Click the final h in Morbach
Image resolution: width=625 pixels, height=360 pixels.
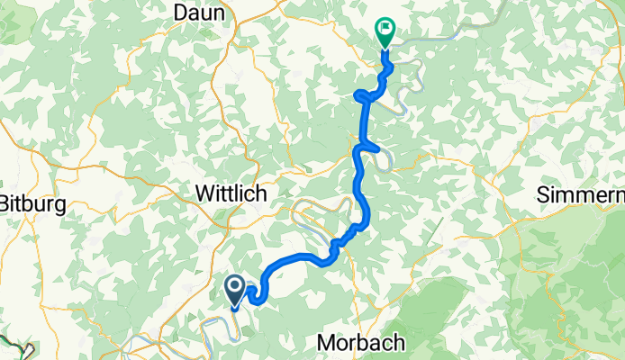click(x=399, y=343)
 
